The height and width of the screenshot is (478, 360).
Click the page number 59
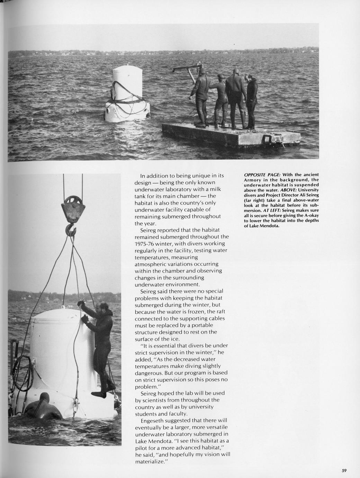pyautogui.click(x=344, y=470)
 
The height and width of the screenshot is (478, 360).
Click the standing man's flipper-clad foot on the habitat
pyautogui.click(x=99, y=394)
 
